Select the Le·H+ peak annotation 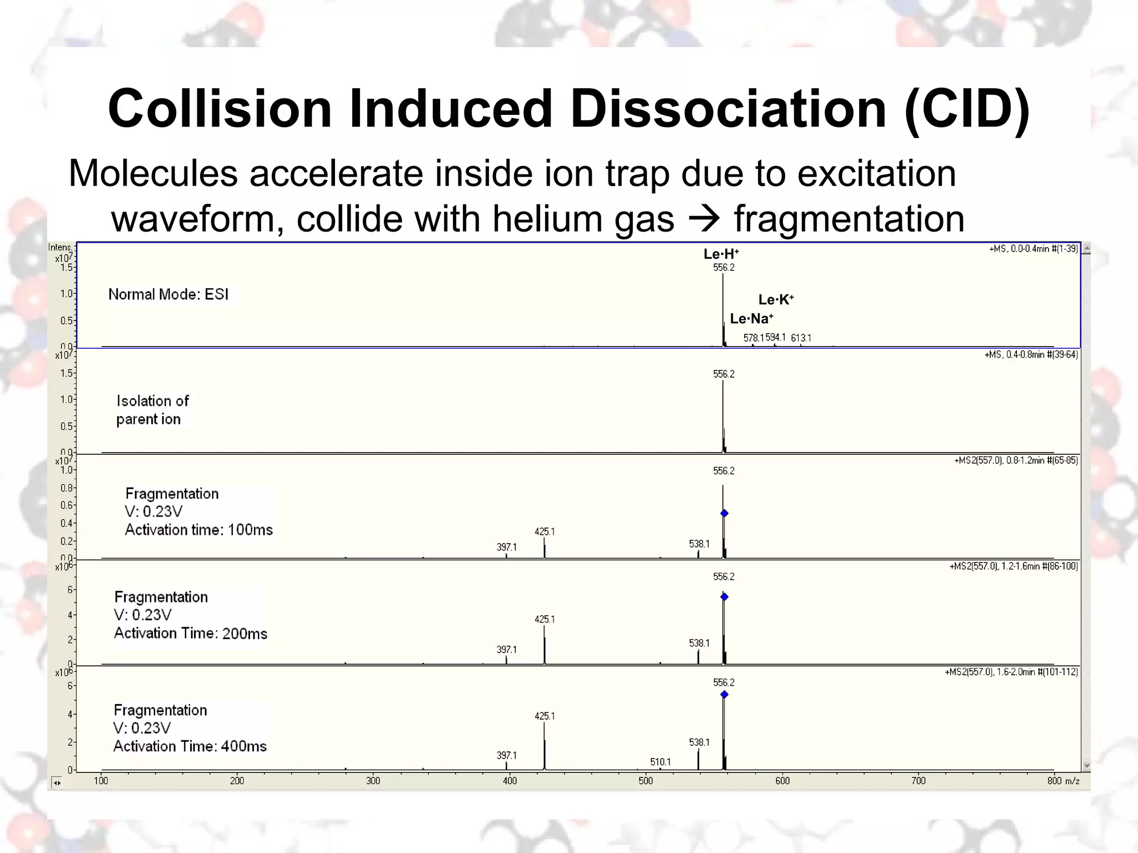[x=721, y=254]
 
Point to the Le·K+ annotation [x=776, y=300]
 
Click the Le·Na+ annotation [x=751, y=319]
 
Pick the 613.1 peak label [x=801, y=338]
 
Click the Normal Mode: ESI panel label [x=168, y=294]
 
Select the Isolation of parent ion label [x=152, y=410]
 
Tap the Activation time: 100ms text [x=198, y=530]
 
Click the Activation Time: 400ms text [x=190, y=746]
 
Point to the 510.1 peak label [x=660, y=762]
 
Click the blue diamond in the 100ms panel [x=724, y=513]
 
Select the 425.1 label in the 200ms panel [x=545, y=619]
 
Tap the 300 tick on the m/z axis [x=373, y=781]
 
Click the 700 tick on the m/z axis [x=919, y=781]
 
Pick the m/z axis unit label [x=1072, y=781]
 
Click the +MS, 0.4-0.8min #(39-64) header [x=1031, y=354]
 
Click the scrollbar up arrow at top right [x=1086, y=248]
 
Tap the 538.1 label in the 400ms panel [x=699, y=742]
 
